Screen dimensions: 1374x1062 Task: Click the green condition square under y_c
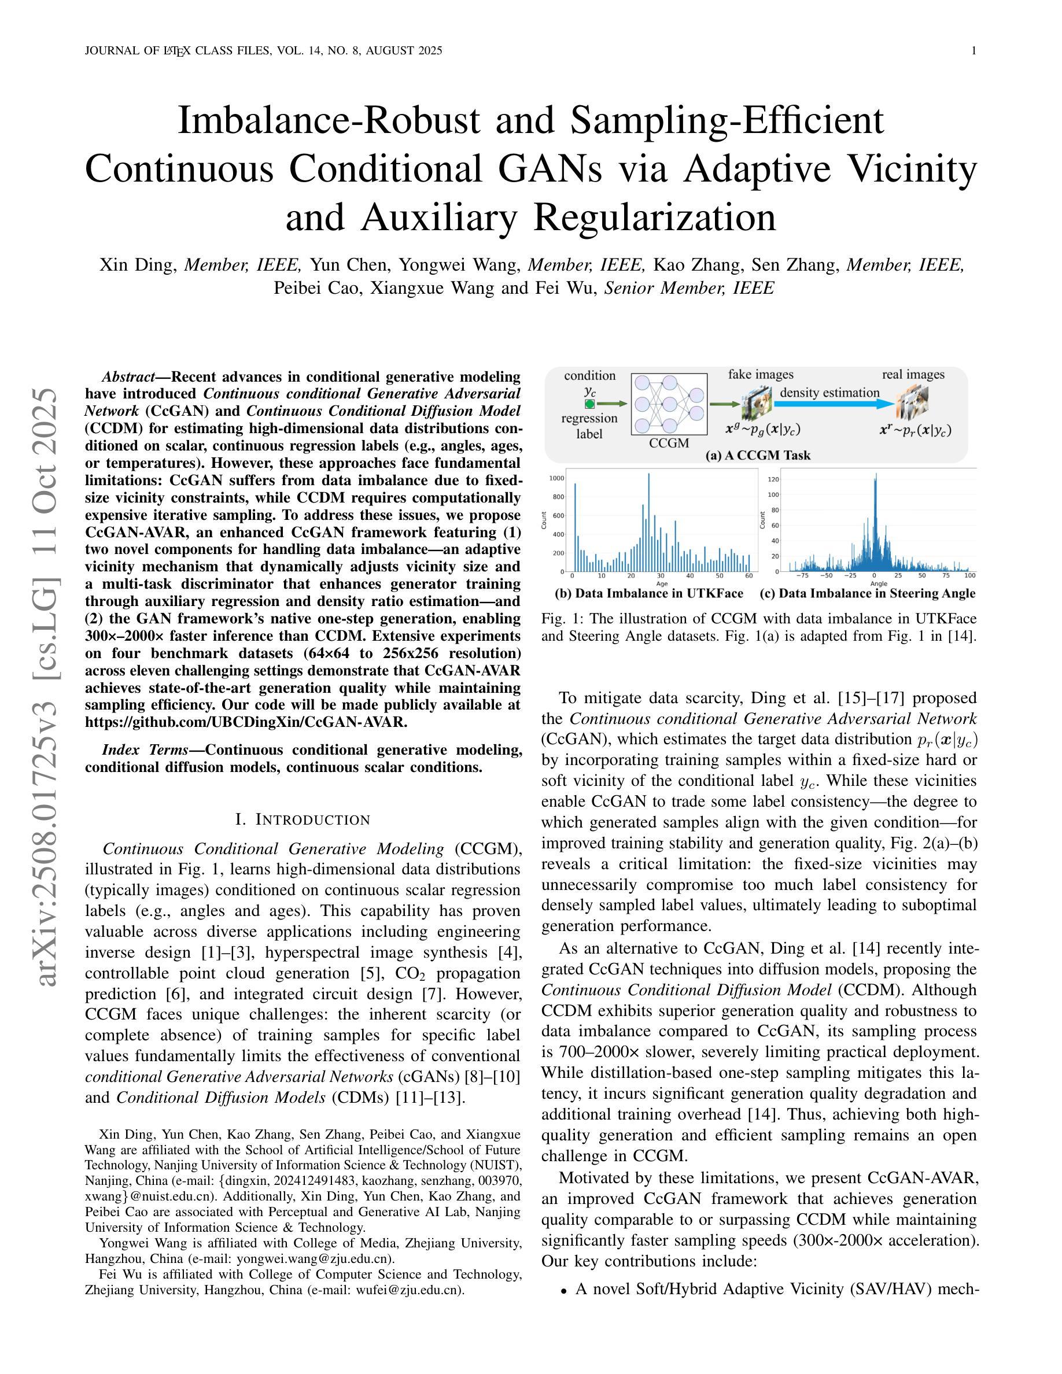[589, 404]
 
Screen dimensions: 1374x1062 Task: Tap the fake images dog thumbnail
[757, 403]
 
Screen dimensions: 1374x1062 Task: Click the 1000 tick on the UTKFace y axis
[558, 478]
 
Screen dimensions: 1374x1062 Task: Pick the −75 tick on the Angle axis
[802, 575]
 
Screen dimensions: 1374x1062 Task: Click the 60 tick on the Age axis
[748, 575]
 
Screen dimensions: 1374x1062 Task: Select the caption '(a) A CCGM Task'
[758, 456]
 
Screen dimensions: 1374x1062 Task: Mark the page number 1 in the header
[974, 51]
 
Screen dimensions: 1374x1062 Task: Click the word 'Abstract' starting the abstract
[128, 377]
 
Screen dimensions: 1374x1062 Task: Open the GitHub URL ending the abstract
[246, 722]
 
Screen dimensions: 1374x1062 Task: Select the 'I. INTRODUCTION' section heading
[303, 820]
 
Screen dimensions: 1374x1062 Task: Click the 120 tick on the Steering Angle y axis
[774, 479]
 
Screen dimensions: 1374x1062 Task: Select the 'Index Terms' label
[145, 750]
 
